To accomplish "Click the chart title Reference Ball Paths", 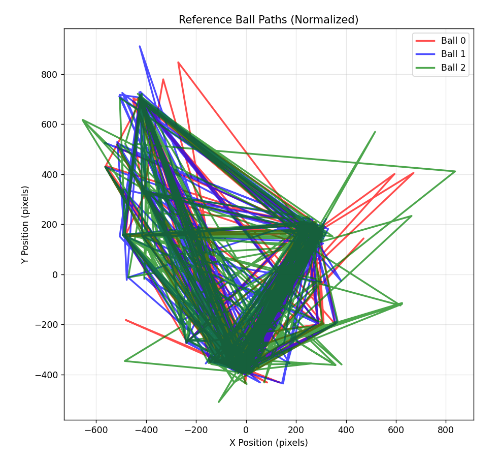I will pyautogui.click(x=269, y=20).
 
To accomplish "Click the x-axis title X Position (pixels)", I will pyautogui.click(x=269, y=443).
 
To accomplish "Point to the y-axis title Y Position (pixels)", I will pyautogui.click(x=25, y=224).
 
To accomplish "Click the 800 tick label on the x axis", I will pyautogui.click(x=446, y=430).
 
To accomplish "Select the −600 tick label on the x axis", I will pyautogui.click(x=96, y=430).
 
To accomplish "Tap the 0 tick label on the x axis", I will pyautogui.click(x=246, y=430).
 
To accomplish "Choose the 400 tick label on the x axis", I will pyautogui.click(x=346, y=430).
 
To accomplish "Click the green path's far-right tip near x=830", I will pyautogui.click(x=455, y=171).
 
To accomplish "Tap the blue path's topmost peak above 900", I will pyautogui.click(x=140, y=46).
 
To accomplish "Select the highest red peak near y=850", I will pyautogui.click(x=178, y=62).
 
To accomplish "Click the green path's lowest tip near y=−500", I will pyautogui.click(x=219, y=402).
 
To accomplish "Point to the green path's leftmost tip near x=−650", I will pyautogui.click(x=82, y=120).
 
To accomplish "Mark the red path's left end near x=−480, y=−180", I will pyautogui.click(x=126, y=320).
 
